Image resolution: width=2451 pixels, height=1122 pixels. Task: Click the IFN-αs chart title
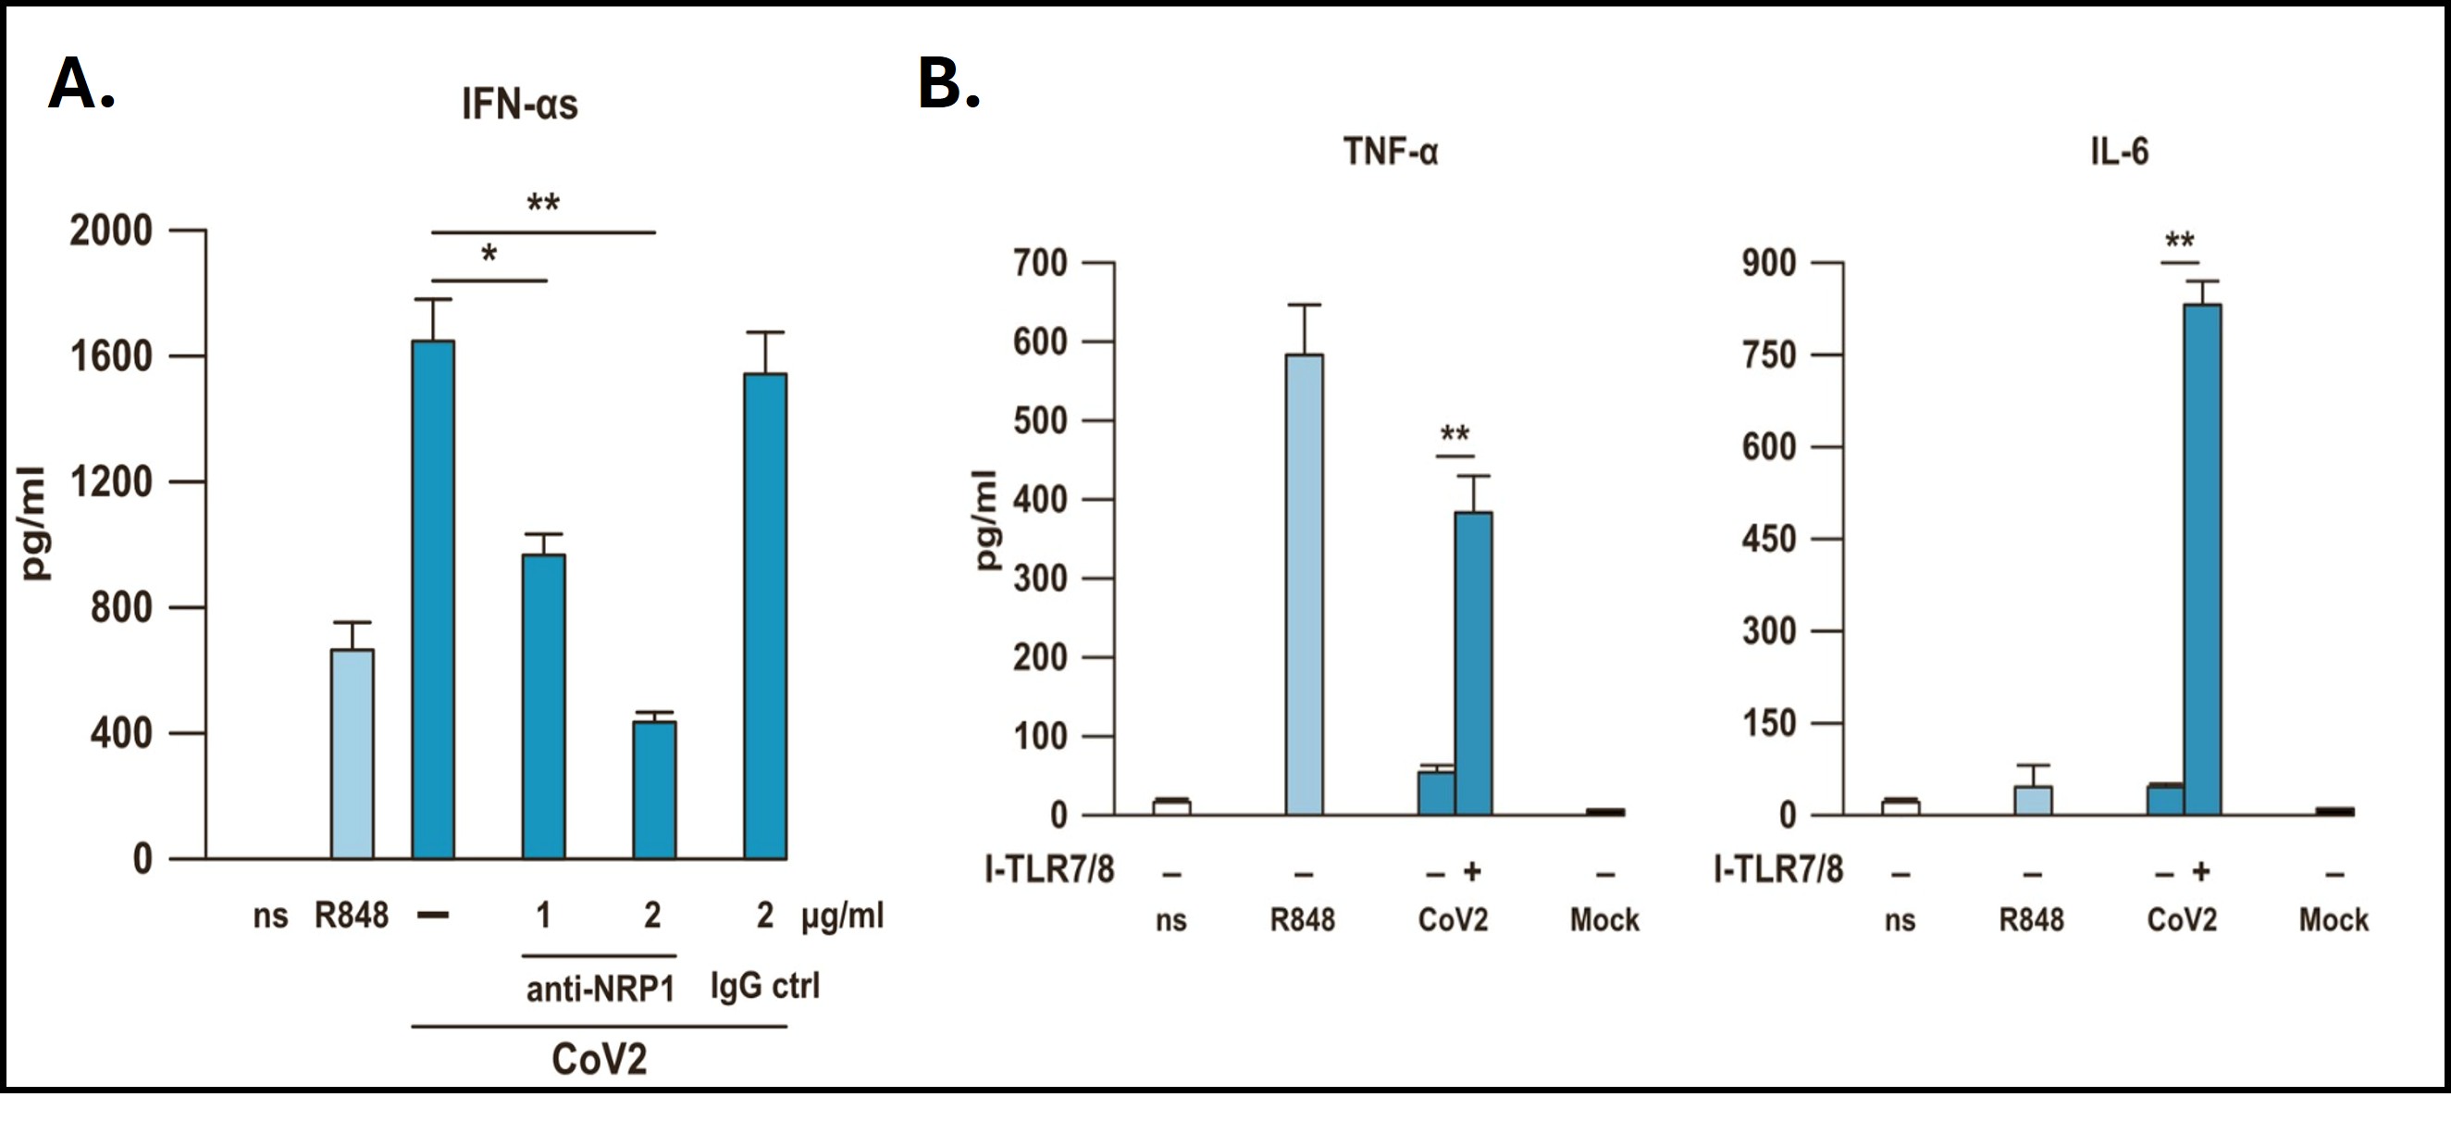coord(519,105)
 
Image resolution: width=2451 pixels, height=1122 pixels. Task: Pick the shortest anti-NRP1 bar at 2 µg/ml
coord(654,790)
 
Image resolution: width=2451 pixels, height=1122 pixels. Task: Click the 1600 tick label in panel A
coord(111,356)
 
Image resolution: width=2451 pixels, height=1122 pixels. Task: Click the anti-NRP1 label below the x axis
coord(600,990)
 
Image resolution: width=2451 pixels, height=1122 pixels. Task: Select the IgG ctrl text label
coord(765,986)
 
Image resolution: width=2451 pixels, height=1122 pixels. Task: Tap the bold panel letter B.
coord(947,83)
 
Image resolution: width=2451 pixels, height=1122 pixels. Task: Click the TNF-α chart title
coord(1390,152)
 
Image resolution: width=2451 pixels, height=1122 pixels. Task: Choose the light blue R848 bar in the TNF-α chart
coord(1304,584)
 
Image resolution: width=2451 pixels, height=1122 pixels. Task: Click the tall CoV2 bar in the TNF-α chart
coord(1474,664)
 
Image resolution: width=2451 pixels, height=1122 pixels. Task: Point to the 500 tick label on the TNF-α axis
coord(1040,420)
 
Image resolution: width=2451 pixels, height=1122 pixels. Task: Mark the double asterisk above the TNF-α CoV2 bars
coord(1455,435)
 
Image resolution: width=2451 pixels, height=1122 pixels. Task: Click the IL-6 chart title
coord(2120,152)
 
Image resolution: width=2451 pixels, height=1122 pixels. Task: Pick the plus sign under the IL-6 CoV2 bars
coord(2201,871)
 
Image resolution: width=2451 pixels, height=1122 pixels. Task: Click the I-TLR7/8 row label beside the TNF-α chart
coord(1049,870)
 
